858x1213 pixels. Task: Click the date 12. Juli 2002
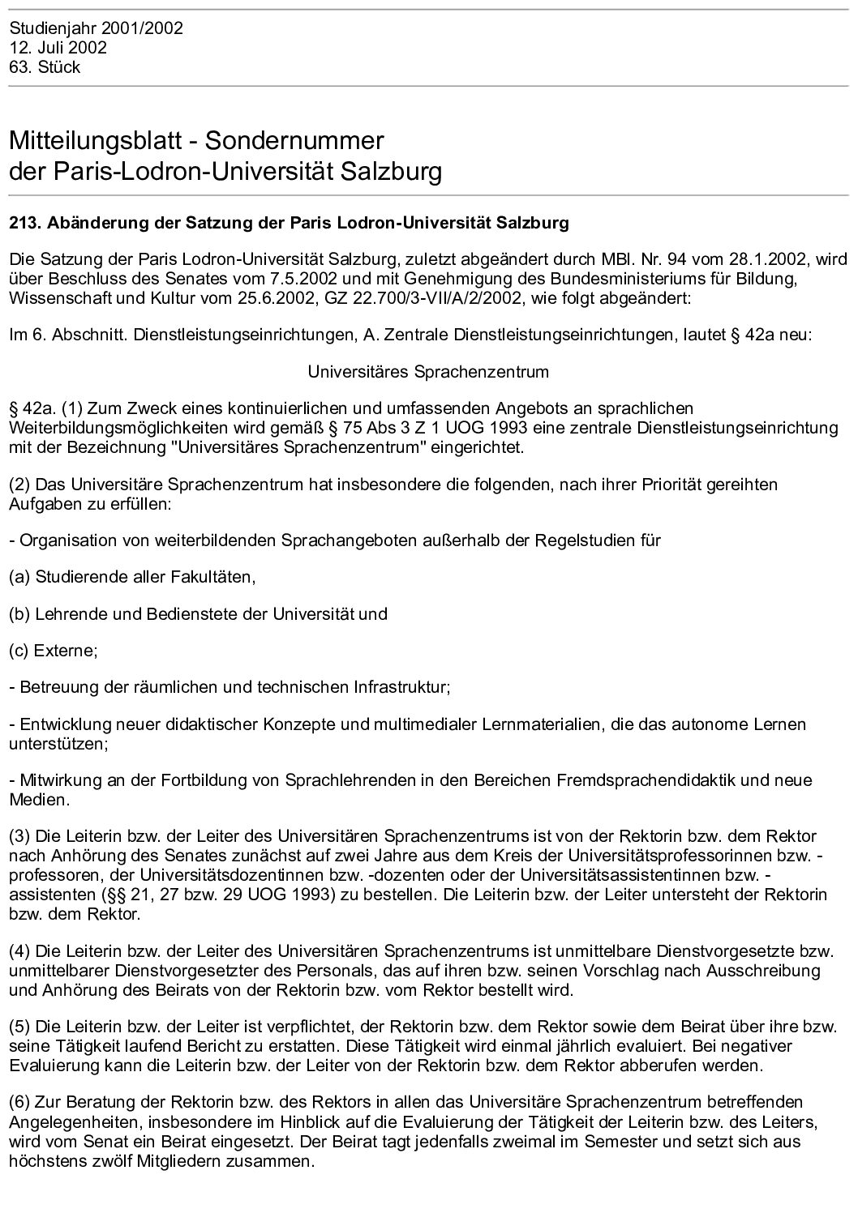[x=58, y=48]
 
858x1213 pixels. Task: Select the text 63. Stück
[x=45, y=67]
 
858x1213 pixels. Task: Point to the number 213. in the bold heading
[x=23, y=222]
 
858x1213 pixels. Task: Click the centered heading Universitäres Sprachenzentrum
[x=428, y=372]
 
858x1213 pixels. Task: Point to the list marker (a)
[x=19, y=577]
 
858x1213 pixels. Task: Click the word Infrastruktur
[x=400, y=687]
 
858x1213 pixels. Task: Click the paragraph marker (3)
[x=19, y=836]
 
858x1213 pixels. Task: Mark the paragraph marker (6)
[x=19, y=1102]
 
